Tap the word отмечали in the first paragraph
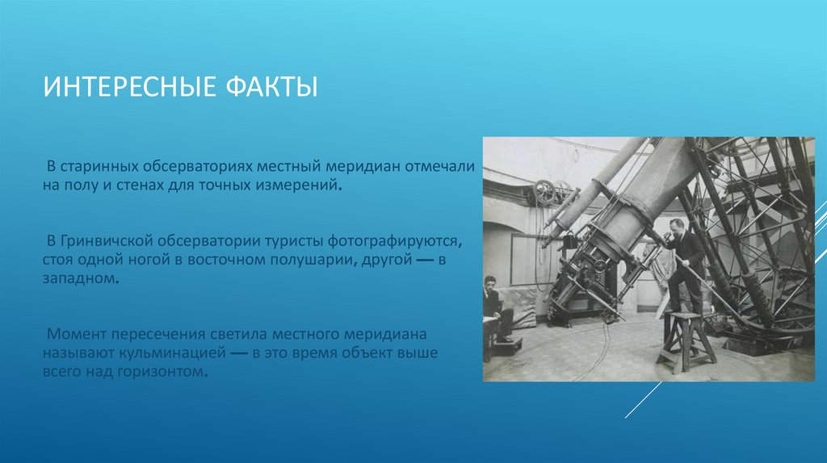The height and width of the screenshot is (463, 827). (439, 165)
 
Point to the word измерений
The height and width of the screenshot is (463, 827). (303, 185)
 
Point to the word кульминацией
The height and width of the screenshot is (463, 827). (166, 354)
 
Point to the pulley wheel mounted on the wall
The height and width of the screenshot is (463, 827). (546, 193)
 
